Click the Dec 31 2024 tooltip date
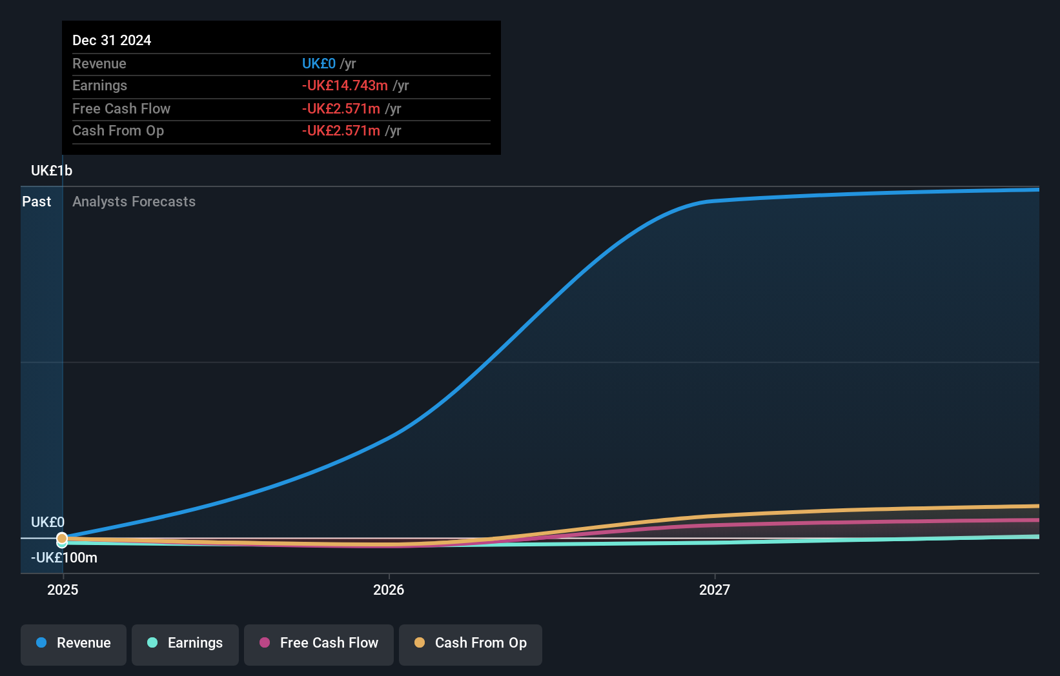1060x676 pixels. pos(112,40)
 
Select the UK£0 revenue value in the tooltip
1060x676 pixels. pos(319,63)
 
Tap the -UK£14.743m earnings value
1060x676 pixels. pos(345,85)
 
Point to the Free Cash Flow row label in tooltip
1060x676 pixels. pos(121,108)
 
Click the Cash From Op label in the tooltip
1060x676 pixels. pos(118,130)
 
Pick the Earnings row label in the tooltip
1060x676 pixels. pos(99,85)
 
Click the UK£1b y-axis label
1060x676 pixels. pos(52,170)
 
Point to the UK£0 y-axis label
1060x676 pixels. pos(48,522)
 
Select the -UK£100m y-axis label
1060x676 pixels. pos(64,557)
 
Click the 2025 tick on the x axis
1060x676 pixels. pos(63,590)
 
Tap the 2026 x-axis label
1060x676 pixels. pos(389,590)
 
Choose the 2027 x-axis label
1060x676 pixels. pos(715,590)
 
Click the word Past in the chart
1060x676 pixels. pos(36,201)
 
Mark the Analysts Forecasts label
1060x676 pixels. pos(134,201)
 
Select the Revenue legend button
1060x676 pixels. pos(74,643)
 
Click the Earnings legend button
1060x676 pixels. pos(185,643)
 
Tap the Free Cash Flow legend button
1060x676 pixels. pos(319,643)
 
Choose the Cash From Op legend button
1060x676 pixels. pos(471,643)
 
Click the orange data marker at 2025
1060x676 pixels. pos(62,538)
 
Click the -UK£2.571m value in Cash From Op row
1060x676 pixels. pos(341,130)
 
